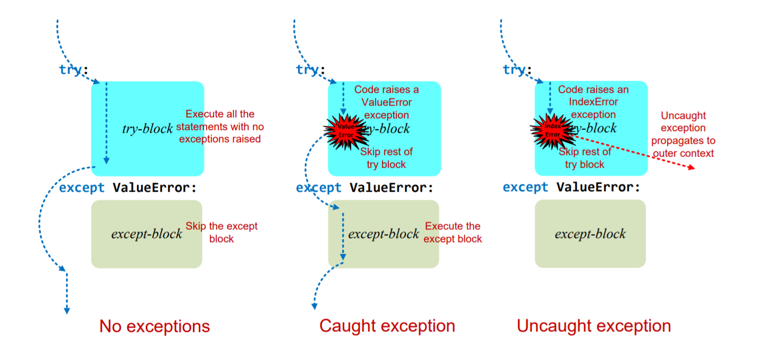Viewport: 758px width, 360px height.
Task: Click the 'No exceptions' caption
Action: point(155,326)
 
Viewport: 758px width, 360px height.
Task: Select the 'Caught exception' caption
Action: point(387,325)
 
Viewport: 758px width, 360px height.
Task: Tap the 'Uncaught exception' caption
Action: point(593,325)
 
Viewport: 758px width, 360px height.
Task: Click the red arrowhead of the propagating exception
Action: point(692,168)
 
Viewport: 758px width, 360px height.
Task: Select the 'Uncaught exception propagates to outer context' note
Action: point(683,134)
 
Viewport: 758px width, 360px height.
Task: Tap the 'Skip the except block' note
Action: point(222,232)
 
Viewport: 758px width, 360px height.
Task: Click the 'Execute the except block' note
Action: point(453,233)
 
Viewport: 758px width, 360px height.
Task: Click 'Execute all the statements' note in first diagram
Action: point(220,126)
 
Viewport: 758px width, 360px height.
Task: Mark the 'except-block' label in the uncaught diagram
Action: point(590,234)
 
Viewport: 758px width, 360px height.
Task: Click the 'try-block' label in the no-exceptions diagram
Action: point(148,128)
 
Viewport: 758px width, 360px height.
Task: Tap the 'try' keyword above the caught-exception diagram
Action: point(308,70)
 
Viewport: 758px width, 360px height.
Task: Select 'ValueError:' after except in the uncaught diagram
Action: point(598,187)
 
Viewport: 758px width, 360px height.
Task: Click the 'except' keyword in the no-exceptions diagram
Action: point(81,187)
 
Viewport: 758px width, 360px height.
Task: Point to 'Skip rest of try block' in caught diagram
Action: point(386,158)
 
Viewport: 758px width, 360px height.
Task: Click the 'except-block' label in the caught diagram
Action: point(384,234)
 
